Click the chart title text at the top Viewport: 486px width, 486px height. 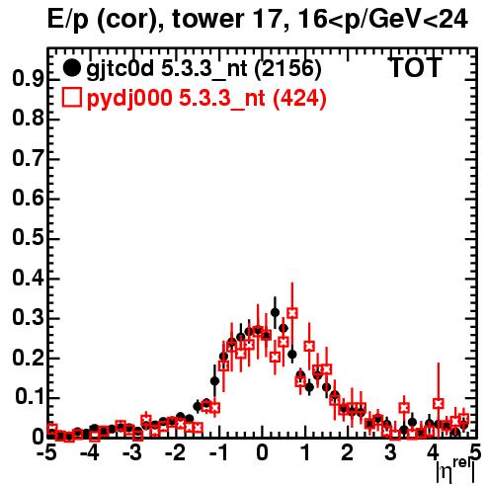[258, 19]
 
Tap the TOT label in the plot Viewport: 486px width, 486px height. [415, 67]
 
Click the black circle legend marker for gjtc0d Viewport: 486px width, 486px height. [71, 68]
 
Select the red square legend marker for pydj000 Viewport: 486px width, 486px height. [71, 98]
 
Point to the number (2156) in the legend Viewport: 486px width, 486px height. [287, 68]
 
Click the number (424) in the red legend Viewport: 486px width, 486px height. [299, 98]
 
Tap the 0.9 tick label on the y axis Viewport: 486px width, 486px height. [28, 79]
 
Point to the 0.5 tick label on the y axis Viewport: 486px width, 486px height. [28, 238]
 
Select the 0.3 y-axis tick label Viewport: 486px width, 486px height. [28, 318]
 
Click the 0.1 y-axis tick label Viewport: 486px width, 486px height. [30, 397]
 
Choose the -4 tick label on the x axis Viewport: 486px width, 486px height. [89, 452]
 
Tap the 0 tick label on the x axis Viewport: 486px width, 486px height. [262, 452]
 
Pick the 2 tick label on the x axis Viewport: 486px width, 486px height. [348, 452]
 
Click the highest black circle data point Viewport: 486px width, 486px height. [275, 312]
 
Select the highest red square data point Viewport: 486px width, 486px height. [292, 313]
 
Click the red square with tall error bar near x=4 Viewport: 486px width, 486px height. [439, 403]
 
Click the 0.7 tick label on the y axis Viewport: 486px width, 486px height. [28, 159]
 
